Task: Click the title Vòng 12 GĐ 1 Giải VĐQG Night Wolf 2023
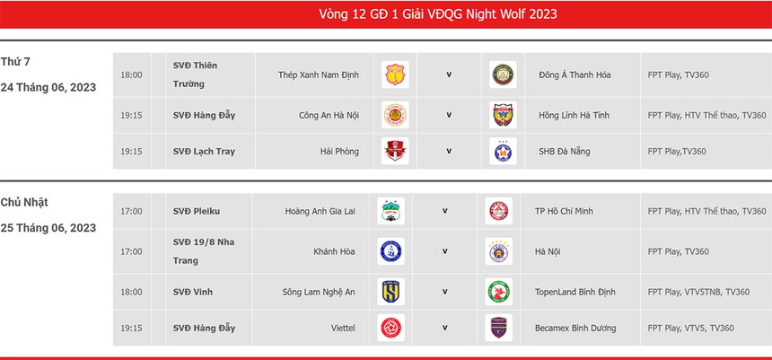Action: click(x=438, y=13)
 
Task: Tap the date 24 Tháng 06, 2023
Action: click(x=48, y=88)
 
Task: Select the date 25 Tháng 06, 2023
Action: click(x=48, y=228)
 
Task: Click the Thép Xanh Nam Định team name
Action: click(x=319, y=75)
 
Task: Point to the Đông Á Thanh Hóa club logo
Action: click(x=503, y=75)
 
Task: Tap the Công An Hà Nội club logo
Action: click(x=394, y=116)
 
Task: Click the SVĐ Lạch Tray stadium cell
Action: click(x=204, y=152)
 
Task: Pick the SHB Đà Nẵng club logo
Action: click(x=503, y=152)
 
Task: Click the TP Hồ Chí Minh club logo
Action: click(x=498, y=212)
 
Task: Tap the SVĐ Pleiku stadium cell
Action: click(x=197, y=212)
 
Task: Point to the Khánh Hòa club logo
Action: click(x=390, y=251)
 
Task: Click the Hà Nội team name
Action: click(x=548, y=252)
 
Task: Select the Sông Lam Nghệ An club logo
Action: click(x=390, y=292)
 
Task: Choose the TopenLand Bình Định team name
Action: click(x=579, y=293)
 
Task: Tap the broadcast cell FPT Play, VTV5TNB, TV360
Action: click(x=698, y=293)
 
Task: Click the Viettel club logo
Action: click(x=390, y=329)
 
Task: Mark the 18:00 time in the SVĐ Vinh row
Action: click(x=131, y=293)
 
